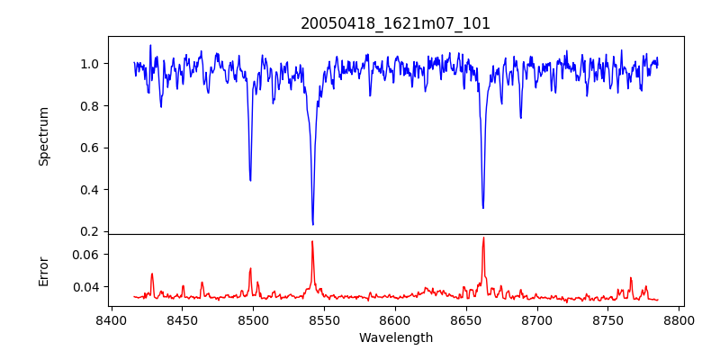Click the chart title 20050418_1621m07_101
(395, 23)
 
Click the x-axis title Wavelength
(395, 338)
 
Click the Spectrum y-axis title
(43, 136)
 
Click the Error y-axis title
(43, 271)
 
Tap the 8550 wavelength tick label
(324, 319)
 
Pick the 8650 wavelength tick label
(466, 319)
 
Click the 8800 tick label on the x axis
(679, 319)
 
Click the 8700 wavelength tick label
(537, 319)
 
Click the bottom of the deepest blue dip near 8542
(312, 224)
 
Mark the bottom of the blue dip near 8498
(250, 180)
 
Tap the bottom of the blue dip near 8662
(483, 208)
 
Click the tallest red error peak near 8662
(483, 238)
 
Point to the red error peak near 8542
(312, 241)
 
